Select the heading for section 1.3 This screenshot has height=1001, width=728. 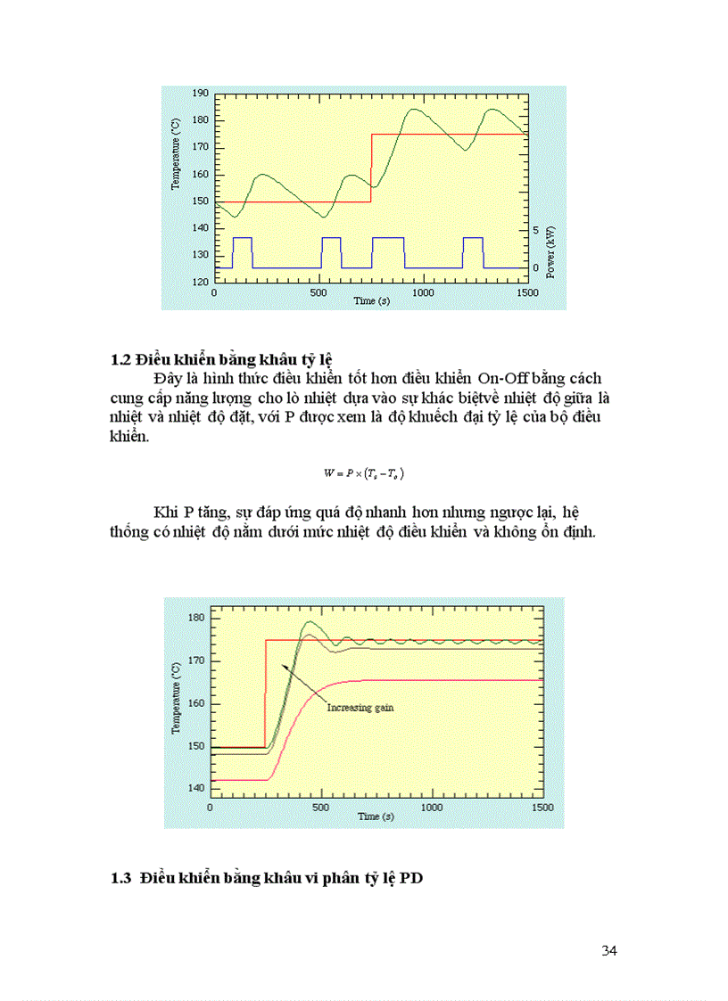pyautogui.click(x=267, y=879)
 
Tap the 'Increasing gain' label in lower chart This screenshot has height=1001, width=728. pyautogui.click(x=360, y=708)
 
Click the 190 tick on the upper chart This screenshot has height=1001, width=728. pyautogui.click(x=201, y=94)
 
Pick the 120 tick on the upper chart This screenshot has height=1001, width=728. pyautogui.click(x=201, y=282)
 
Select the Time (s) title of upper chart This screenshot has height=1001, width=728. pyautogui.click(x=371, y=301)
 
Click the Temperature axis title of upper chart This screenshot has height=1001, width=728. pyautogui.click(x=177, y=155)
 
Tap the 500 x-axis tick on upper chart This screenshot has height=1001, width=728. pyautogui.click(x=318, y=292)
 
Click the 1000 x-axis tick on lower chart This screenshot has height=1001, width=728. pyautogui.click(x=431, y=807)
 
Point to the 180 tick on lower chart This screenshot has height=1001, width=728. pyautogui.click(x=196, y=618)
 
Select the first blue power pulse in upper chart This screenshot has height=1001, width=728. pyautogui.click(x=242, y=252)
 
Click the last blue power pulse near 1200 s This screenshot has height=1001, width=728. pyautogui.click(x=473, y=252)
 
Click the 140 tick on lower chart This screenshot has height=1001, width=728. pyautogui.click(x=196, y=789)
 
